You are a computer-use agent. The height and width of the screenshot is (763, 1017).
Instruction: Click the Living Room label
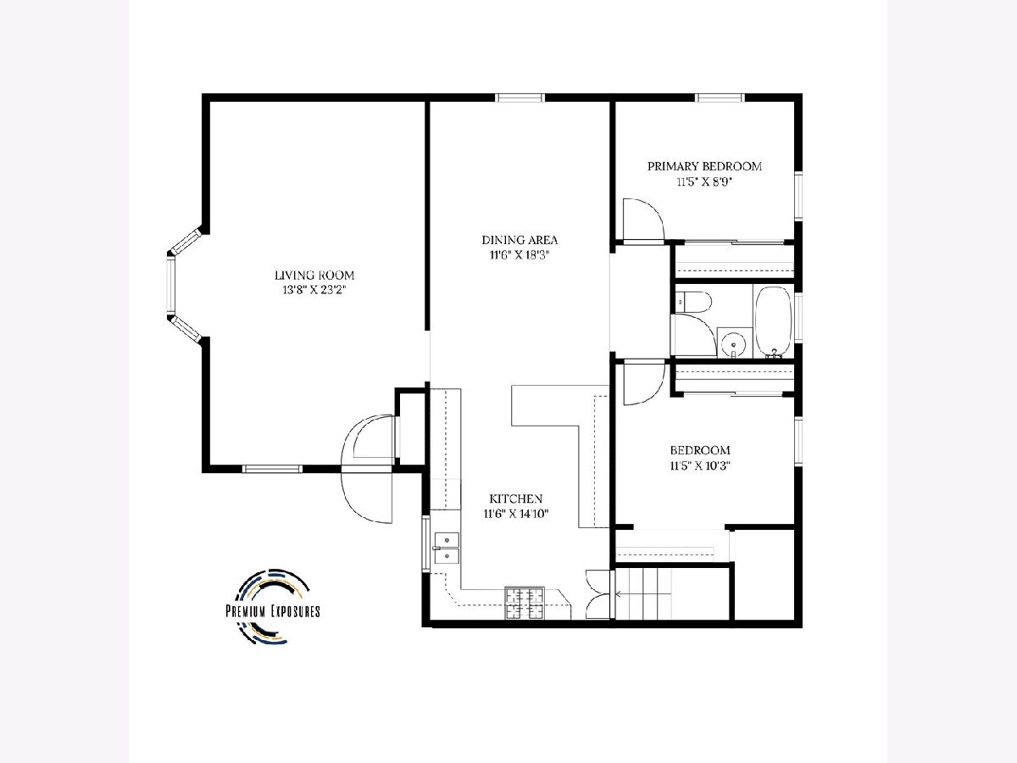tap(314, 276)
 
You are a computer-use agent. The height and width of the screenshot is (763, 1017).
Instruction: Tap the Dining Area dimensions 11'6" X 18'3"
tap(520, 255)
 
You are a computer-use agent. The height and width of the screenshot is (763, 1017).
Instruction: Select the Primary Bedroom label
tap(704, 166)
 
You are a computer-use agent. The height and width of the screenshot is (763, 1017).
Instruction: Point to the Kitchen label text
tap(515, 498)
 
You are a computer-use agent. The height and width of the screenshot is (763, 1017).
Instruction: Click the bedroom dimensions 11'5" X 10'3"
tap(700, 465)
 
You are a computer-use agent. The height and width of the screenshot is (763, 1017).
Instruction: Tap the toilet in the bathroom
tap(693, 302)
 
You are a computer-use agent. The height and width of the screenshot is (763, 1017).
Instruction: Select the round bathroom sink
tap(734, 343)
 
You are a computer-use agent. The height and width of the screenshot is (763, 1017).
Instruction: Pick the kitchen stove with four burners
tap(525, 603)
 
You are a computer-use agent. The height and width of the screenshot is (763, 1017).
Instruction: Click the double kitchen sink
tap(447, 548)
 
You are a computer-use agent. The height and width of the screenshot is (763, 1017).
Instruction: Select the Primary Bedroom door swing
tap(643, 220)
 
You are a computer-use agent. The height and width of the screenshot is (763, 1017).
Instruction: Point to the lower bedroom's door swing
tap(644, 384)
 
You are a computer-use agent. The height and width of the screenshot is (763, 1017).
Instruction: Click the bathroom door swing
tap(694, 334)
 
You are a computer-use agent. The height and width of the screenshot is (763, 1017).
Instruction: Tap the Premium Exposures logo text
tap(273, 611)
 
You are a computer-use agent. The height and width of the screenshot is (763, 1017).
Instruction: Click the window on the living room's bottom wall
tap(272, 469)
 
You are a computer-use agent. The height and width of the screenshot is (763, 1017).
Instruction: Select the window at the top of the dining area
tap(520, 97)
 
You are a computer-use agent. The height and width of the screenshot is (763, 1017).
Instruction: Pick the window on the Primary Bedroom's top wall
tap(720, 97)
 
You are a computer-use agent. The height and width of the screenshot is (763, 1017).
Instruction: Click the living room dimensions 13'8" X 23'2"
tap(314, 291)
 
